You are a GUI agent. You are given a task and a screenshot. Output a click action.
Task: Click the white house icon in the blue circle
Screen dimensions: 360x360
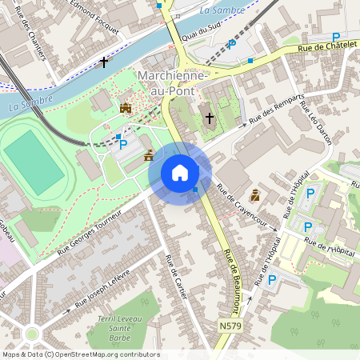[x=180, y=173]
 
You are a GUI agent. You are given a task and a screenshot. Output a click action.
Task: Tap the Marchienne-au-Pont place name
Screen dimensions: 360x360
[x=174, y=82]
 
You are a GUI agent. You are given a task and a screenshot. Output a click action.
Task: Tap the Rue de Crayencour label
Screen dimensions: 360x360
[x=239, y=206]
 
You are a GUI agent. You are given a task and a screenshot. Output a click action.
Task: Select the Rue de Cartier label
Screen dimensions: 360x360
[x=175, y=278]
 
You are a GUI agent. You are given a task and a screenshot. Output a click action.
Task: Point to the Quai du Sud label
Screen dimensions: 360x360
[x=201, y=32]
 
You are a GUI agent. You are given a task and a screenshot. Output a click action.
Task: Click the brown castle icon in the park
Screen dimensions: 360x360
[x=125, y=108]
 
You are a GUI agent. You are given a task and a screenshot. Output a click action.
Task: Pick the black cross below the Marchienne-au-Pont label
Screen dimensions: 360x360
[x=210, y=118]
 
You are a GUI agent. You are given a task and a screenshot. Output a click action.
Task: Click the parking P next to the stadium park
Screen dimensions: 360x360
[x=123, y=144]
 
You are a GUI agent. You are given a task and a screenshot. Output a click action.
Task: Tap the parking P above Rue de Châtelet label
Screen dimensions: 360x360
[x=336, y=37]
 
